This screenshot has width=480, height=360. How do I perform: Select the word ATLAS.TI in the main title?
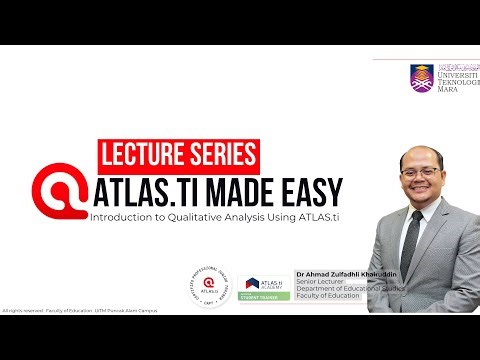tap(149, 190)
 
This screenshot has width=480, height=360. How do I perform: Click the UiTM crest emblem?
tap(421, 77)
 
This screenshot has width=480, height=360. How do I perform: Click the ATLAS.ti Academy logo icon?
tap(252, 284)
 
